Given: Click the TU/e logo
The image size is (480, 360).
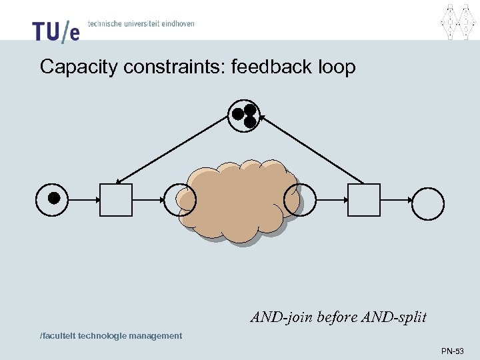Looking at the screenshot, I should [55, 31].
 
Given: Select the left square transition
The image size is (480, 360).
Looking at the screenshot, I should [115, 200].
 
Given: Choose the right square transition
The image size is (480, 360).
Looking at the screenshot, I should [364, 200].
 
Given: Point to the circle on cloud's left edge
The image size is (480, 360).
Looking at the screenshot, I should [180, 200].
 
